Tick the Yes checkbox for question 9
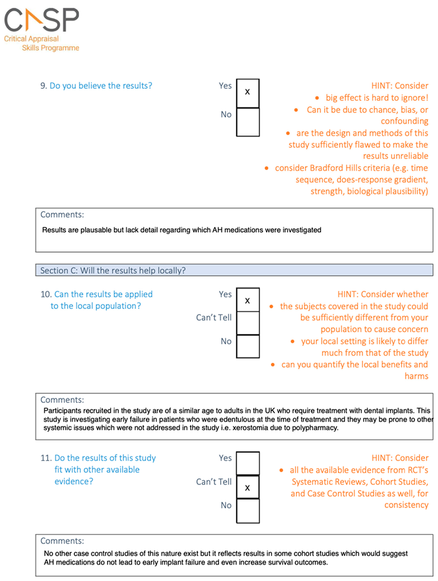pos(247,93)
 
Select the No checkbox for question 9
pos(247,122)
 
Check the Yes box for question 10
pos(247,301)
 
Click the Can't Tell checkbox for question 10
pos(247,323)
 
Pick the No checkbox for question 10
pos(247,346)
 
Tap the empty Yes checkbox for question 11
pos(247,464)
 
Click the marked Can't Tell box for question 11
pos(247,487)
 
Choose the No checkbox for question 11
pos(247,510)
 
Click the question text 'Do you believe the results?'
pos(101,86)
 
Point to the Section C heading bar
pos(234,270)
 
